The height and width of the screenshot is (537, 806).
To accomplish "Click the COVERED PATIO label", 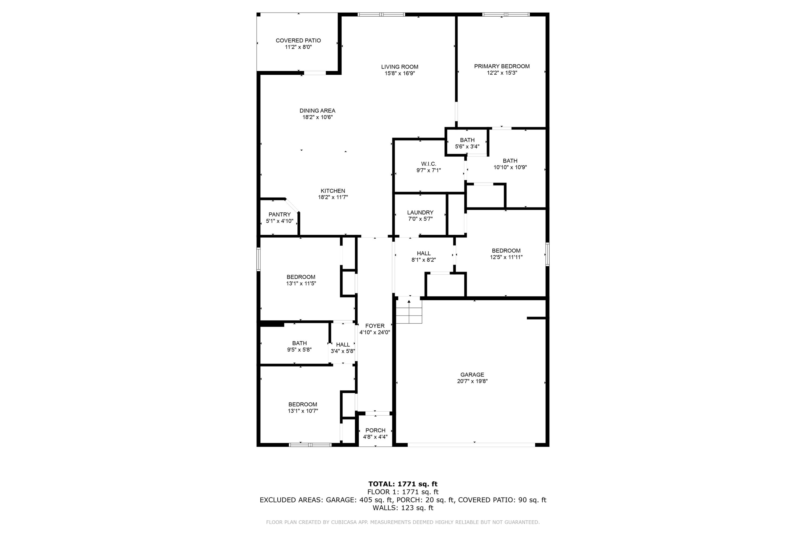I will [x=298, y=41].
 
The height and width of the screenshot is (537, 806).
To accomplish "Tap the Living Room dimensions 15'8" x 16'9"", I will [x=400, y=73].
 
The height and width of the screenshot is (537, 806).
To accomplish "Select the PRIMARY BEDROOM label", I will [x=502, y=66].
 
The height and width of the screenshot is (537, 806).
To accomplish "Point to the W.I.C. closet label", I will [x=428, y=164].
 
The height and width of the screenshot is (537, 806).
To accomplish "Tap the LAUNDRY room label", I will [x=420, y=213].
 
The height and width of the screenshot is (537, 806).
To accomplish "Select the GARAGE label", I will [x=472, y=375].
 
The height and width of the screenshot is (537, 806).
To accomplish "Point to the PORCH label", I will [x=375, y=430].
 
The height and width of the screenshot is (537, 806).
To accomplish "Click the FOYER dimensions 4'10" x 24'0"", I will [x=375, y=332].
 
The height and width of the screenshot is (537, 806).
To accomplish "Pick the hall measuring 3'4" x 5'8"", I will [x=343, y=348].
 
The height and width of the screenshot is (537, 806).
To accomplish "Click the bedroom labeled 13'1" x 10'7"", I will [x=303, y=408].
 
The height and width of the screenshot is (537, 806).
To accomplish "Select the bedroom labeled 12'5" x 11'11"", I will [x=506, y=254].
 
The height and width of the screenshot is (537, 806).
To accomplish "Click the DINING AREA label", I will [x=317, y=111].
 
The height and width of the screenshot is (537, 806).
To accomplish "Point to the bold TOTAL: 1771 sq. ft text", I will [x=403, y=484].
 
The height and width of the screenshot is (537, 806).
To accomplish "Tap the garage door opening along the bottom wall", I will [x=471, y=445].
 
